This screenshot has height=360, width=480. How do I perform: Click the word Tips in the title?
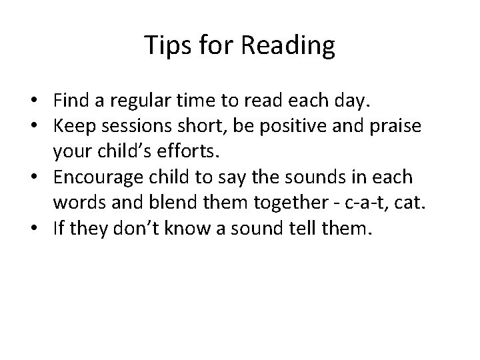pyautogui.click(x=163, y=46)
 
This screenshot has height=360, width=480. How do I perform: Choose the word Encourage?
pyautogui.click(x=100, y=178)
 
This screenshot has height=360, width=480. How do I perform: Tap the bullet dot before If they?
pyautogui.click(x=42, y=228)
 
